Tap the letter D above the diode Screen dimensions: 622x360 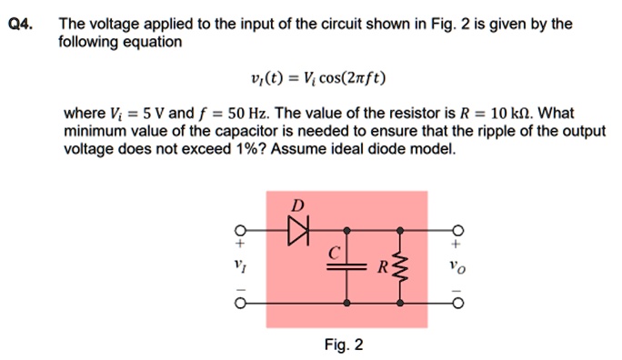(296, 205)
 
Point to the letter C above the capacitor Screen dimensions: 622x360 (336, 250)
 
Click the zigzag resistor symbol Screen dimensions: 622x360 (396, 265)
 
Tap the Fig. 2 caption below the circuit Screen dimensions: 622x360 (343, 345)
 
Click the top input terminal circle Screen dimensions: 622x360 (240, 230)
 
